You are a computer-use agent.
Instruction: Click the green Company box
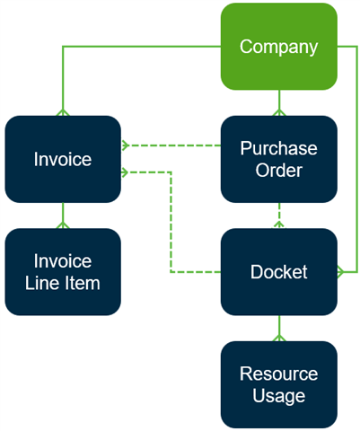[x=279, y=47]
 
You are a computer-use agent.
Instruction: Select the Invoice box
[x=63, y=159]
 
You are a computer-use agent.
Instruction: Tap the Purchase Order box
[x=279, y=159]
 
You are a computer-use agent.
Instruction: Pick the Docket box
[x=279, y=272]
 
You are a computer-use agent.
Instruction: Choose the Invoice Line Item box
[x=63, y=272]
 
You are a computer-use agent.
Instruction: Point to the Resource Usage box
[x=279, y=384]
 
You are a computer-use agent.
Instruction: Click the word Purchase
[x=279, y=148]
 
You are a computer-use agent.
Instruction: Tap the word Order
[x=279, y=170]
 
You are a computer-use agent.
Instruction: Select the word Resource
[x=279, y=374]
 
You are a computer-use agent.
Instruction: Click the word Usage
[x=279, y=396]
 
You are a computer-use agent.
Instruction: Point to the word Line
[x=43, y=283]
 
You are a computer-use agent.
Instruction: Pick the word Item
[x=83, y=283]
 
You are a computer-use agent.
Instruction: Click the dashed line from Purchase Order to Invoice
[x=171, y=145]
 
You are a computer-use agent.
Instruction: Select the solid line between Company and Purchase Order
[x=279, y=102]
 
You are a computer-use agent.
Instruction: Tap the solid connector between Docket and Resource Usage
[x=279, y=328]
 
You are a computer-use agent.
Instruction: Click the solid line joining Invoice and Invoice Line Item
[x=63, y=215]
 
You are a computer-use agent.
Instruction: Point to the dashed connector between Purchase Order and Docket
[x=279, y=215]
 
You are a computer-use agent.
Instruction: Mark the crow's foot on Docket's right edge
[x=341, y=272]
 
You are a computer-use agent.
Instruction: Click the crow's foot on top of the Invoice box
[x=63, y=112]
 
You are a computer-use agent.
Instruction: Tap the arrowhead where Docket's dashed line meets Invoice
[x=125, y=172]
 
